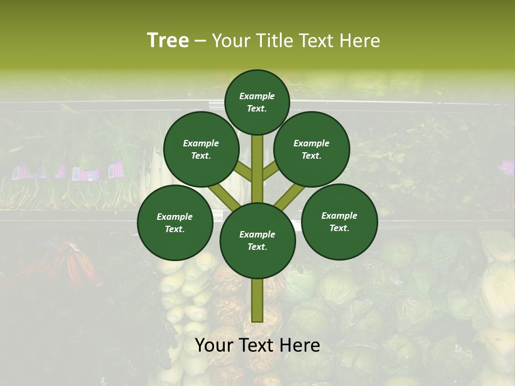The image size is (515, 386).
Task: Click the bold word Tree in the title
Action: pyautogui.click(x=168, y=41)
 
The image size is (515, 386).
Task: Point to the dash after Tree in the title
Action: pyautogui.click(x=200, y=41)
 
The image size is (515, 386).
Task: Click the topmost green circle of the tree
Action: pyautogui.click(x=257, y=102)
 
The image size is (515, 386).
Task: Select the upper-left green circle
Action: pyautogui.click(x=201, y=149)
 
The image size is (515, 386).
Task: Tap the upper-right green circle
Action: pyautogui.click(x=311, y=149)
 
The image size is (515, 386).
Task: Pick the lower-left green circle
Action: pyautogui.click(x=175, y=222)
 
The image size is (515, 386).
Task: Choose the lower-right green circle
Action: pyautogui.click(x=339, y=221)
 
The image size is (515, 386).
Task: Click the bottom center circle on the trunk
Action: pyautogui.click(x=257, y=241)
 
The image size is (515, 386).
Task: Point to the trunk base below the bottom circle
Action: pyautogui.click(x=257, y=300)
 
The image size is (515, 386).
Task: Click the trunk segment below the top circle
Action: pyautogui.click(x=257, y=161)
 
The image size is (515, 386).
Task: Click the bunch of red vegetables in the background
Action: pyautogui.click(x=75, y=265)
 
